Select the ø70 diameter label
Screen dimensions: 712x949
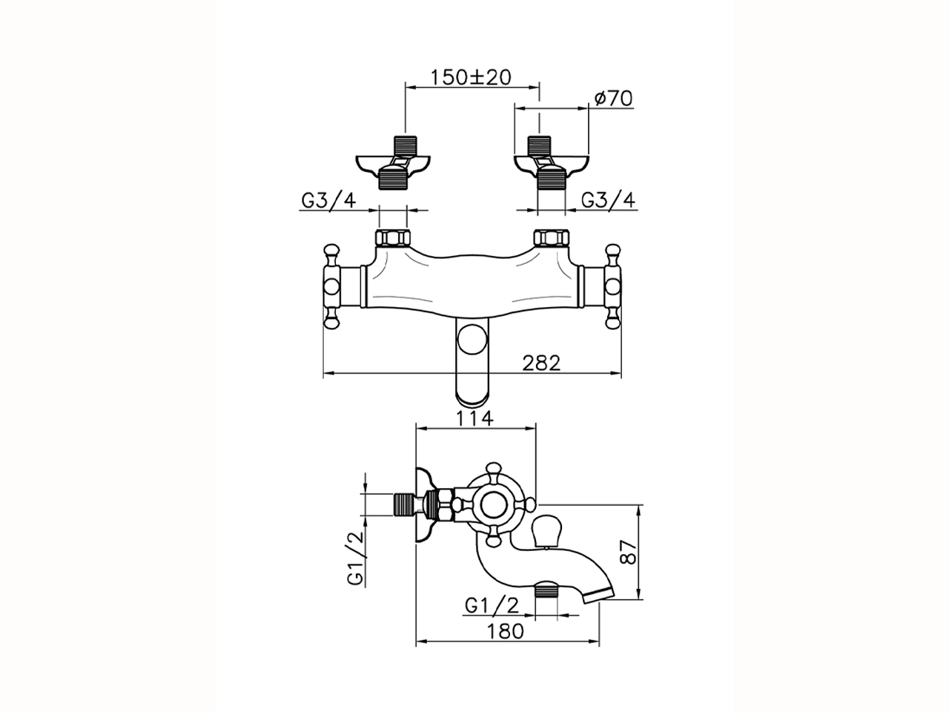pos(614,98)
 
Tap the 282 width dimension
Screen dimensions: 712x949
pos(540,363)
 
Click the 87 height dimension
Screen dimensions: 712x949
pos(629,552)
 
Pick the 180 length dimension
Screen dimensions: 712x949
pos(506,631)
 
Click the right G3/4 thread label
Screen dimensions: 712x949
pos(607,200)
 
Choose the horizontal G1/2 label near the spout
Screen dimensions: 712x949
pos(493,605)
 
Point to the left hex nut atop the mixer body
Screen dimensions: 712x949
pos(392,239)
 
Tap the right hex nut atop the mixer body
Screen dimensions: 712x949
pos(551,239)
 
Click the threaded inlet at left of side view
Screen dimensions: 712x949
pos(403,505)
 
